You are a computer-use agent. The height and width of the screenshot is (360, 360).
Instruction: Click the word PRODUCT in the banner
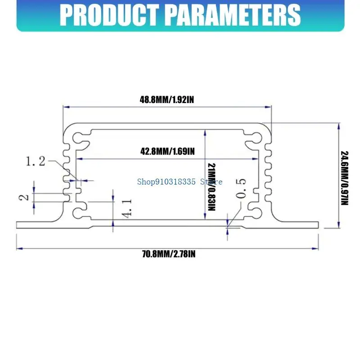click(x=109, y=15)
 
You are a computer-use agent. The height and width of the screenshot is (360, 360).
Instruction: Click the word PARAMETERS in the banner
click(x=233, y=15)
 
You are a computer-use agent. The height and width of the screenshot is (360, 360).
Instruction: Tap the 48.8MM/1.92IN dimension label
click(x=167, y=100)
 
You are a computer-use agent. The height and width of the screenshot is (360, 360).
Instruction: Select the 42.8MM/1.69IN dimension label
click(x=167, y=152)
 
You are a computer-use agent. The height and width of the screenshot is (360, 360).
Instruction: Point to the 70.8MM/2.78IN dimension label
click(x=169, y=254)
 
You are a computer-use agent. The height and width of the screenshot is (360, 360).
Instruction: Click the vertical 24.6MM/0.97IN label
click(x=344, y=178)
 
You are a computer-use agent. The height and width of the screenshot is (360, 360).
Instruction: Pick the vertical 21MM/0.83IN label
click(x=211, y=187)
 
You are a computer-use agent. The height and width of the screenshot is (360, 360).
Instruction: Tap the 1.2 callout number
click(x=36, y=161)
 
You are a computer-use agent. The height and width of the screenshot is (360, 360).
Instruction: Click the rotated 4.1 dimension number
click(x=126, y=208)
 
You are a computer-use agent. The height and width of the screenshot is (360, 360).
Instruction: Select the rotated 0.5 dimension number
click(x=241, y=188)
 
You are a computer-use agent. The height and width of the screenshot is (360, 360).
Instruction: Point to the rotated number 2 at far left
click(x=24, y=198)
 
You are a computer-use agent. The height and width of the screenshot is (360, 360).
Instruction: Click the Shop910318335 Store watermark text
click(x=180, y=182)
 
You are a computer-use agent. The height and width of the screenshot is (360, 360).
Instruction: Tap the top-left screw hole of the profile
click(x=77, y=138)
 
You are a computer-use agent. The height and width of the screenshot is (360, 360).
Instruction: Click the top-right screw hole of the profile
click(x=257, y=138)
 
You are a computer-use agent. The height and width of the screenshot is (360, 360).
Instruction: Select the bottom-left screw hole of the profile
click(x=77, y=213)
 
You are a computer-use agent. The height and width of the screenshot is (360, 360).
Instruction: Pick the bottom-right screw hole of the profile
click(x=257, y=213)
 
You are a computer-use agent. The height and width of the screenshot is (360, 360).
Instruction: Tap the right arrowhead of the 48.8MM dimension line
click(x=268, y=107)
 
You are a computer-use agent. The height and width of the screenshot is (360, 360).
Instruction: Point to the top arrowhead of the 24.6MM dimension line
click(x=339, y=126)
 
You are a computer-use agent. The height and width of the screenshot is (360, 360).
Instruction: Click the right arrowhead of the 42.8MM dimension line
click(x=256, y=159)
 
